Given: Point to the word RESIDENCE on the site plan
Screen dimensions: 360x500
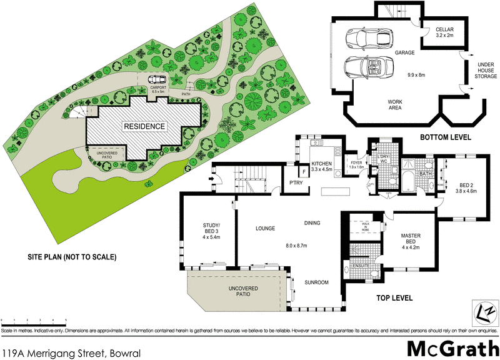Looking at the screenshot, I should (144, 126).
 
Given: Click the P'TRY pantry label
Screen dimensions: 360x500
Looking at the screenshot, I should (295, 183).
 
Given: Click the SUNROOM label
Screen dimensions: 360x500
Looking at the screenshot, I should (316, 282).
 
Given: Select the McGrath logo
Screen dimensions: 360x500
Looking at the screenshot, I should (452, 347).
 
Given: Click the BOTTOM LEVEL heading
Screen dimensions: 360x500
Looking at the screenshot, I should (444, 137).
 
